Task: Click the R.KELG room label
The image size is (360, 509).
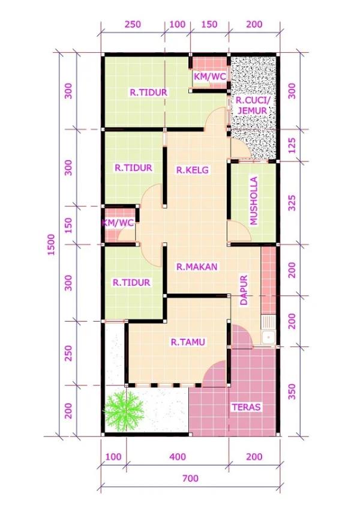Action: pyautogui.click(x=193, y=170)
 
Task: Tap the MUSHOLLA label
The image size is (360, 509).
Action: pyautogui.click(x=254, y=201)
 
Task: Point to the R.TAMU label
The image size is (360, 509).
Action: pyautogui.click(x=188, y=343)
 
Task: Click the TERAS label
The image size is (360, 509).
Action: pyautogui.click(x=246, y=407)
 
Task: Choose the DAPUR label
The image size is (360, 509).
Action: pyautogui.click(x=244, y=291)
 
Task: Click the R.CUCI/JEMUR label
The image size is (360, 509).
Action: pyautogui.click(x=252, y=106)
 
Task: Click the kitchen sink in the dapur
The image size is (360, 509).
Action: pyautogui.click(x=268, y=337)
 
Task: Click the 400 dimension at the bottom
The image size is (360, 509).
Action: pyautogui.click(x=178, y=457)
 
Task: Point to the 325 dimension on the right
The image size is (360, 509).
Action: pyautogui.click(x=292, y=203)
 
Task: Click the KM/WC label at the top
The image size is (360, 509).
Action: pyautogui.click(x=209, y=77)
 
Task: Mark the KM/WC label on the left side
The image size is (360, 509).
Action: pyautogui.click(x=118, y=223)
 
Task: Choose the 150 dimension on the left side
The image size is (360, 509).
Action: pyautogui.click(x=68, y=226)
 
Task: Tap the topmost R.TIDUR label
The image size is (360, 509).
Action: pyautogui.click(x=148, y=92)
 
